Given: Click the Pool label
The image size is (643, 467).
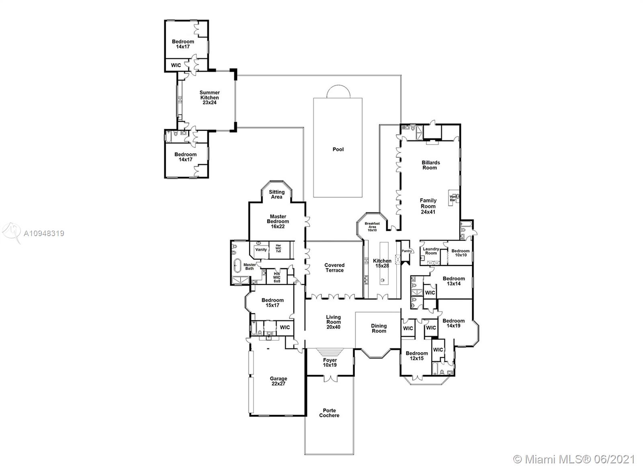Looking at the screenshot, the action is (338, 149).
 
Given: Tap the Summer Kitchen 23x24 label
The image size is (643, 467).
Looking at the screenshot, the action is (209, 98).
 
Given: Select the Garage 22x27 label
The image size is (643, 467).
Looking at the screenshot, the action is (278, 381).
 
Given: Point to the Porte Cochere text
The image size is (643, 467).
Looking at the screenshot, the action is (329, 413).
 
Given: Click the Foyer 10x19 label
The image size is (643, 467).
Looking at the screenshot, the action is (330, 362).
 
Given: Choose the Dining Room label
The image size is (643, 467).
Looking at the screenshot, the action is (379, 328).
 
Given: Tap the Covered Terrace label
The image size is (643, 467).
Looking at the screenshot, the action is (334, 268).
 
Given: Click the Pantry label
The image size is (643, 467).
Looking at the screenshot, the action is (406, 251).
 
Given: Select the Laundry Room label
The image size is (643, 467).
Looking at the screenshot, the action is (431, 251).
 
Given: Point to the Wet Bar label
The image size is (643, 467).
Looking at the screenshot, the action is (453, 198).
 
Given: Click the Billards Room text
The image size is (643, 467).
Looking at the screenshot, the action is (430, 165).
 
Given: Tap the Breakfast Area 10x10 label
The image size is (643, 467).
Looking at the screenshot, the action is (372, 226).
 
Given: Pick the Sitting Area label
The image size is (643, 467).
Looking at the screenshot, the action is (277, 194).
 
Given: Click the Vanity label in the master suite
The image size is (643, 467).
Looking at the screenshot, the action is (261, 250).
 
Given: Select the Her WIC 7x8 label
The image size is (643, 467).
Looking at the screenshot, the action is (278, 249).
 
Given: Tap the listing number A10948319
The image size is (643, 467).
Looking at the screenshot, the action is (44, 234).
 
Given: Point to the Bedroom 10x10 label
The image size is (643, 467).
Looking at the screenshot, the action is (461, 253).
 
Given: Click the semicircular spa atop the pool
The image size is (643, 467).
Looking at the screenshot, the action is (338, 92).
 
